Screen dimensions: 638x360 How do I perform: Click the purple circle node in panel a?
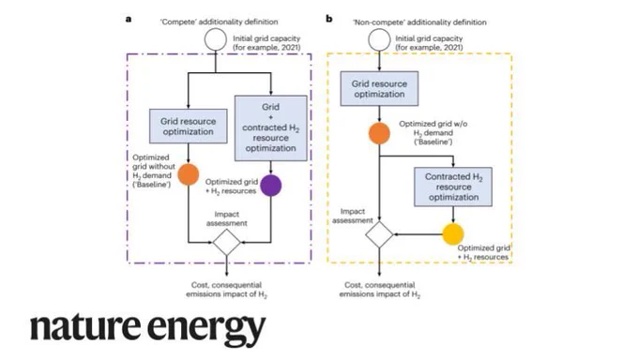(271, 186)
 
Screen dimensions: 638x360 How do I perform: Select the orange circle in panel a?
(189, 174)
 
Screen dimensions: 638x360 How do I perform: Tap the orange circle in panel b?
(379, 133)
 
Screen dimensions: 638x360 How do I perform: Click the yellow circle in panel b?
(453, 234)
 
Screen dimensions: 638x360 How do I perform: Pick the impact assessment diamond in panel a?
(227, 243)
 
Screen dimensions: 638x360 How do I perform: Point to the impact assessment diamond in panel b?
(379, 234)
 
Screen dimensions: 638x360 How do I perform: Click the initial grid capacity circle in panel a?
(216, 40)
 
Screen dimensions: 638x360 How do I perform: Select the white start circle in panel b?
(379, 40)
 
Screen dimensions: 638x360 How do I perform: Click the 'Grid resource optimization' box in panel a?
(189, 127)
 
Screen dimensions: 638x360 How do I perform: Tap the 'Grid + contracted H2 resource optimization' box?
(271, 128)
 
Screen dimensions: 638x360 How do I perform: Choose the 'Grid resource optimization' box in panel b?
(379, 89)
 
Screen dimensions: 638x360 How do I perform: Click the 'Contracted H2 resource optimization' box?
(453, 187)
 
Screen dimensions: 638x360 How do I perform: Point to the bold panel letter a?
(129, 19)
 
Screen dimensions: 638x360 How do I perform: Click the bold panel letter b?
(329, 19)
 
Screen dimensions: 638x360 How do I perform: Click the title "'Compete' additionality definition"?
(219, 22)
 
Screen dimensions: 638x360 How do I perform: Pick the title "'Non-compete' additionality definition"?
(419, 22)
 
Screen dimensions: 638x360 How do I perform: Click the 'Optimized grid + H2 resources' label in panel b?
(484, 252)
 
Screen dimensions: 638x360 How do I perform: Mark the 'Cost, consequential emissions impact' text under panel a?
(227, 290)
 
